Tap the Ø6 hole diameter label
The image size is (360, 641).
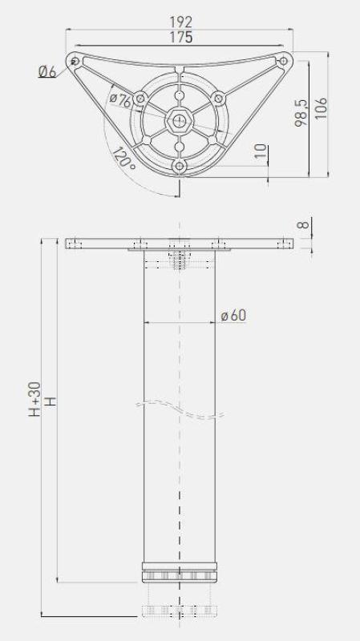(47, 72)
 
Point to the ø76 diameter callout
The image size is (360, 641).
(120, 100)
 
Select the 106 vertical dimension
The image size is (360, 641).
(321, 107)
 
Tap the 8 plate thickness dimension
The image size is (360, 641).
(302, 225)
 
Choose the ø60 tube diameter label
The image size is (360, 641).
(233, 315)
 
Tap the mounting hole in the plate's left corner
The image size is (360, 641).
(75, 61)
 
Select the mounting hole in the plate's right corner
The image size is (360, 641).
(284, 60)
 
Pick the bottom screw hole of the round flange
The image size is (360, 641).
(179, 165)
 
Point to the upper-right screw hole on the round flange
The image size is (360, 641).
(216, 99)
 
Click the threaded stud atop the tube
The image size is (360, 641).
(180, 260)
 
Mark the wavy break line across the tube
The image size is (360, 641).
(180, 407)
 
